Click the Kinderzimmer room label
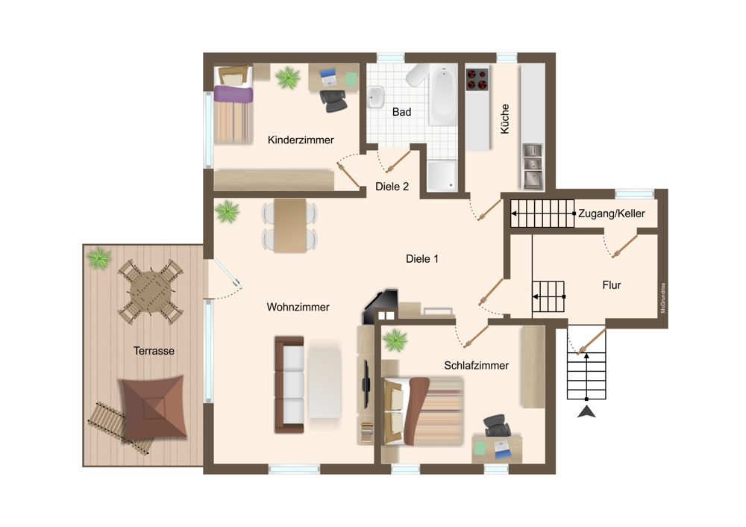(301, 140)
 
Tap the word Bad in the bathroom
(401, 112)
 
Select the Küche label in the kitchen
(505, 119)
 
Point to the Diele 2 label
(392, 187)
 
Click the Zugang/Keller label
(612, 213)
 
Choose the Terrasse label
(154, 351)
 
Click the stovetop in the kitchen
(477, 80)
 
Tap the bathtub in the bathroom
(443, 96)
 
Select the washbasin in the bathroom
(376, 97)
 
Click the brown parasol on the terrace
(154, 408)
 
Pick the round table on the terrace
(151, 291)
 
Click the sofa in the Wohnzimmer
(289, 384)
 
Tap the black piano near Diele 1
(380, 305)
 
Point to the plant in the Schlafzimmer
(395, 340)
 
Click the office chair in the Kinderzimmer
(333, 100)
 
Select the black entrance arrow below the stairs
(586, 412)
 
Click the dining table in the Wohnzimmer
(289, 225)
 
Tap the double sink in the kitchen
(533, 166)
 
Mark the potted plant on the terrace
(99, 258)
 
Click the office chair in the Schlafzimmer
(497, 425)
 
